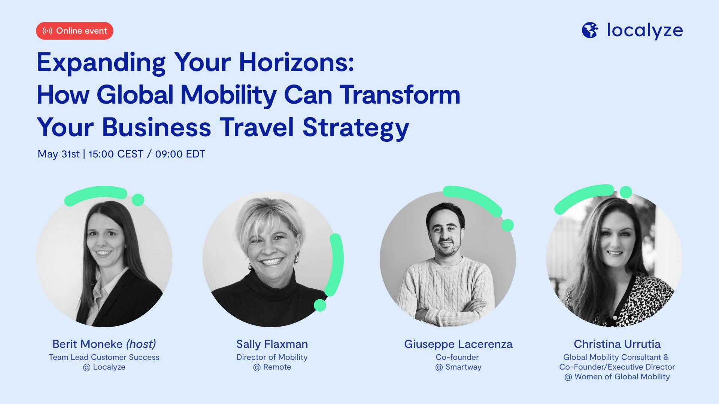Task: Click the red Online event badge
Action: pos(75,31)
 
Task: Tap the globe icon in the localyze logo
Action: pos(590,30)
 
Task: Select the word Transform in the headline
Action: pos(400,95)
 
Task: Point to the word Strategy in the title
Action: pos(356,128)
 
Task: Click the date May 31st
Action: pos(58,154)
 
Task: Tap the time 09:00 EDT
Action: pos(180,154)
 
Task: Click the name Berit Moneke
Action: pos(87,344)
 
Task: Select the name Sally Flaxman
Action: pos(272,344)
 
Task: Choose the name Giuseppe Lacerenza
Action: pos(458,344)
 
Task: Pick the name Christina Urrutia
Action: pos(617,344)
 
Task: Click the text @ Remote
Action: pos(272,367)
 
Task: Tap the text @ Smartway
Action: pos(458,367)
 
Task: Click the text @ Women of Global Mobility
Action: pos(617,377)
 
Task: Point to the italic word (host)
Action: pos(141,344)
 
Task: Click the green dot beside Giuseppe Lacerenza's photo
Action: pos(507,225)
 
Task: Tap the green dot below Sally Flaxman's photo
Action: pos(320,305)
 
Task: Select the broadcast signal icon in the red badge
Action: pos(47,31)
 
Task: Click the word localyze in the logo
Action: pos(645,30)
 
